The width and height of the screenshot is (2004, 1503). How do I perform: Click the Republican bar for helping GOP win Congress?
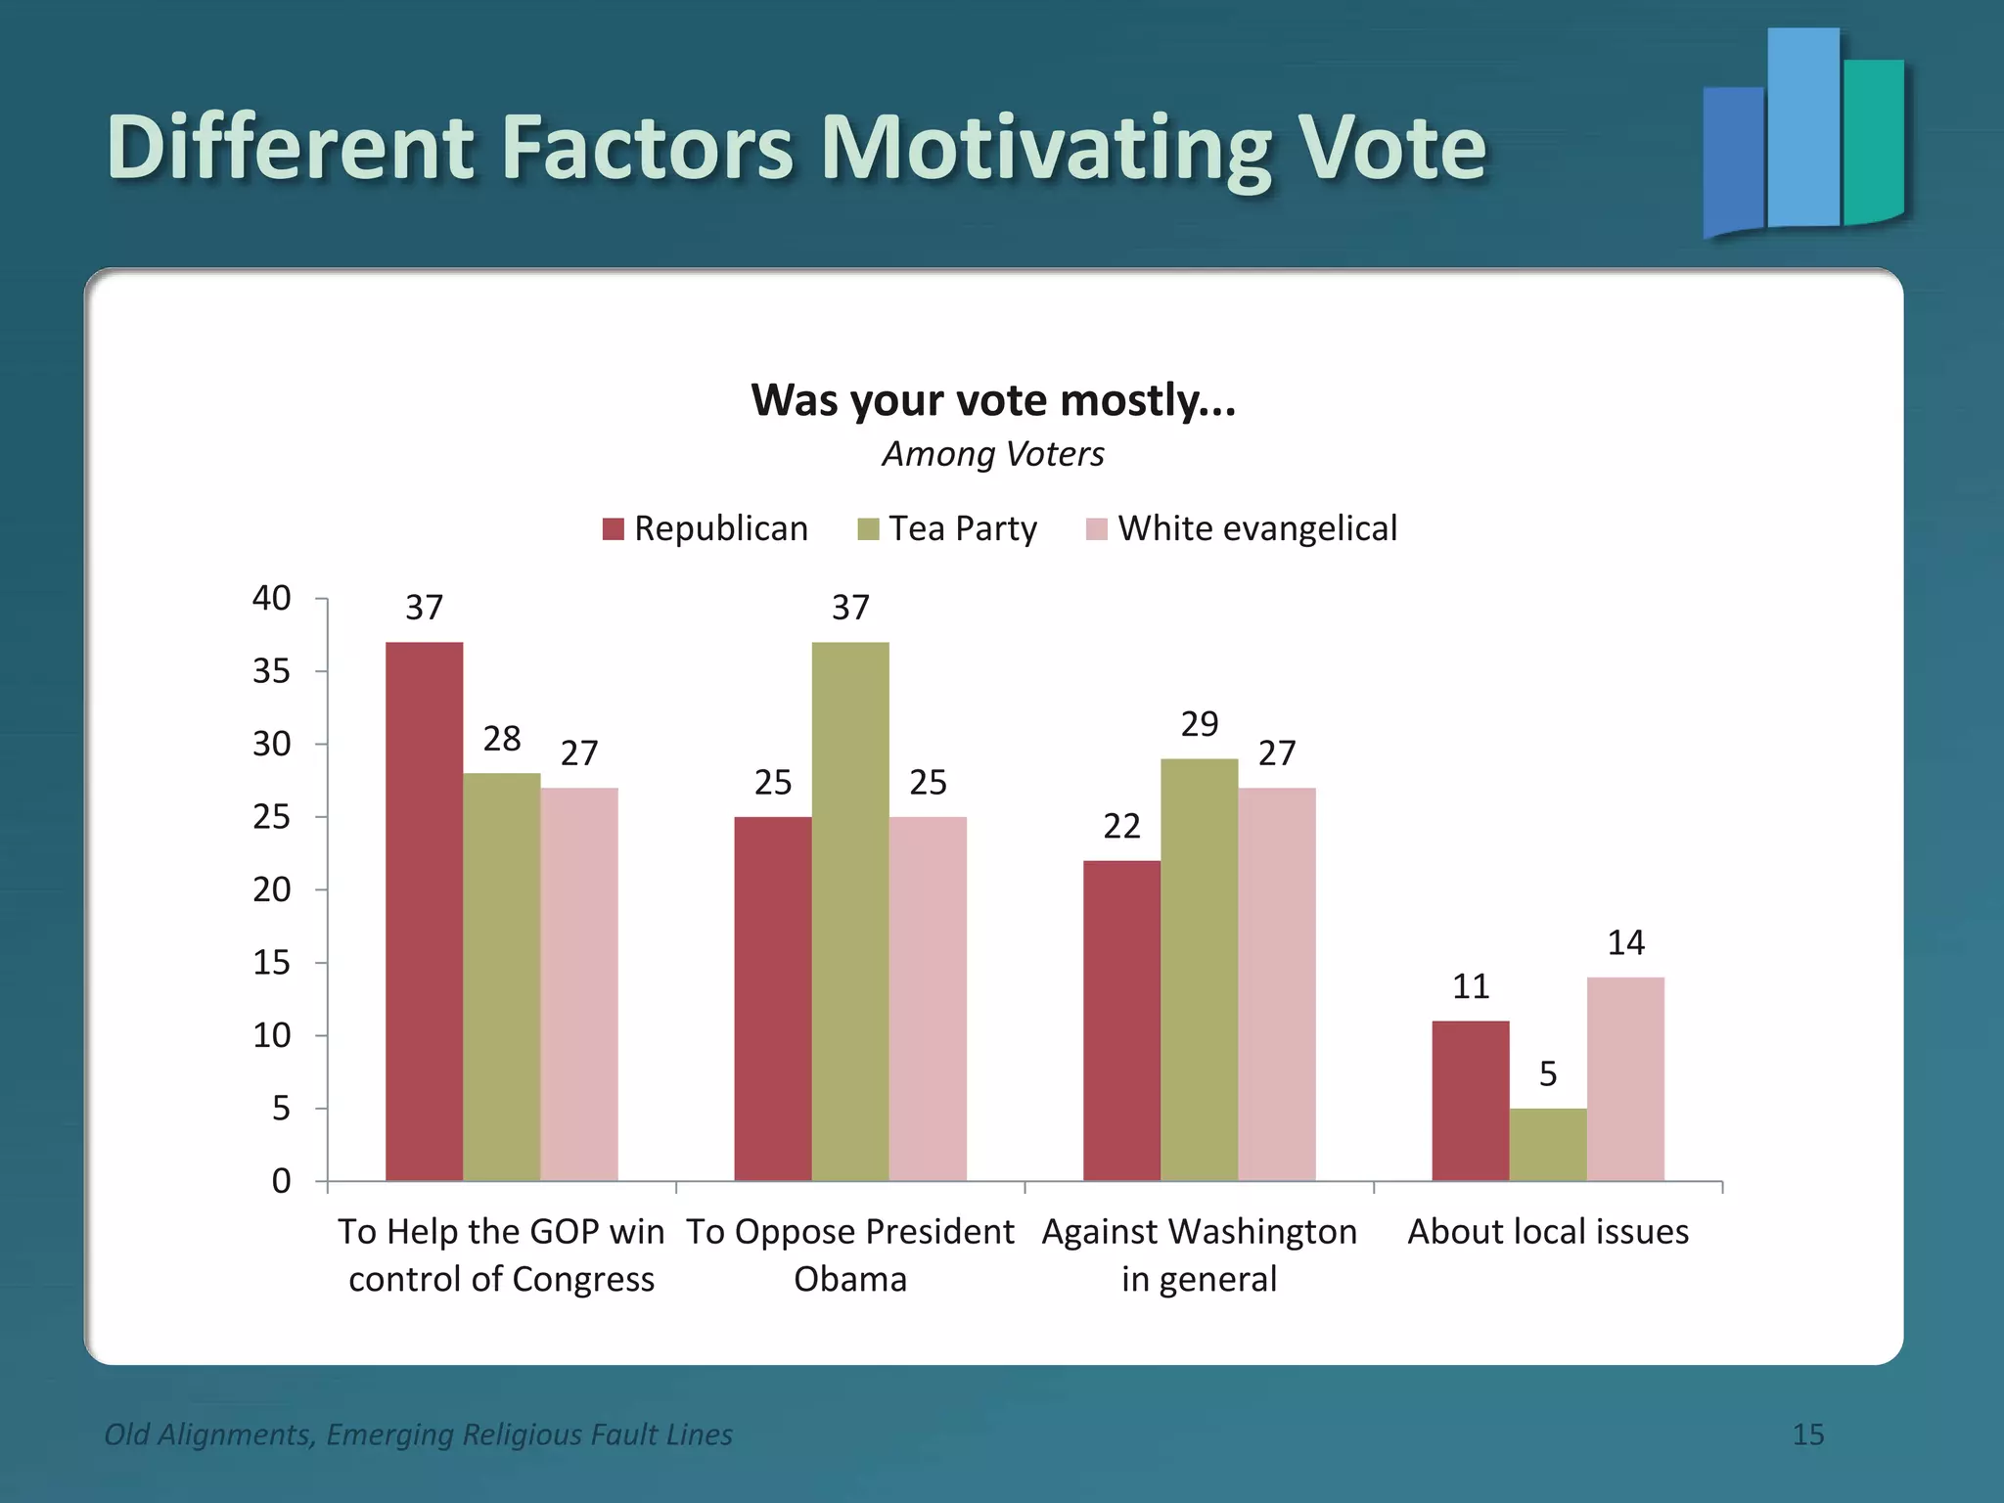click(x=424, y=910)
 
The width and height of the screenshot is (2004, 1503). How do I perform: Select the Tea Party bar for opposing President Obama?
click(x=850, y=910)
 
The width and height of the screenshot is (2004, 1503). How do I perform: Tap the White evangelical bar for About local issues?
click(x=1625, y=1078)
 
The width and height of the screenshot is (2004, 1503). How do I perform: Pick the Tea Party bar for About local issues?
click(x=1548, y=1144)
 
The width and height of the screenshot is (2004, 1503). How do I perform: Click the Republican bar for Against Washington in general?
click(x=1121, y=1020)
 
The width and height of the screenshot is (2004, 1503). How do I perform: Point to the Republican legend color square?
click(x=613, y=529)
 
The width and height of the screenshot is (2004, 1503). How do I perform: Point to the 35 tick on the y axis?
click(x=271, y=671)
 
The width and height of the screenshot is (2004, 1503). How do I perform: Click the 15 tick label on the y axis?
click(x=271, y=963)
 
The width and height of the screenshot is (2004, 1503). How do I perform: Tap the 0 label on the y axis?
click(x=281, y=1181)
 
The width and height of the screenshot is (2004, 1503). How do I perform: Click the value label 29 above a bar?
click(x=1200, y=724)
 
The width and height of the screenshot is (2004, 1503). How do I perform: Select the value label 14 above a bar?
click(x=1625, y=942)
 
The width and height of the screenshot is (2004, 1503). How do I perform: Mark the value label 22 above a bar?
click(x=1121, y=827)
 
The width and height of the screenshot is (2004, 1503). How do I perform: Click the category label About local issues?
click(x=1548, y=1231)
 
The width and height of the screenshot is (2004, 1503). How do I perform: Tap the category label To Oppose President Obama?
click(x=850, y=1254)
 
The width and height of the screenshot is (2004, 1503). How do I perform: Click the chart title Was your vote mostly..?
click(x=993, y=400)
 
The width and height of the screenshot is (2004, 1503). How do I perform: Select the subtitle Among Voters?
click(x=993, y=454)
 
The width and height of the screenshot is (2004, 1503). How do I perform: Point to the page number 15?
click(x=1808, y=1435)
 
